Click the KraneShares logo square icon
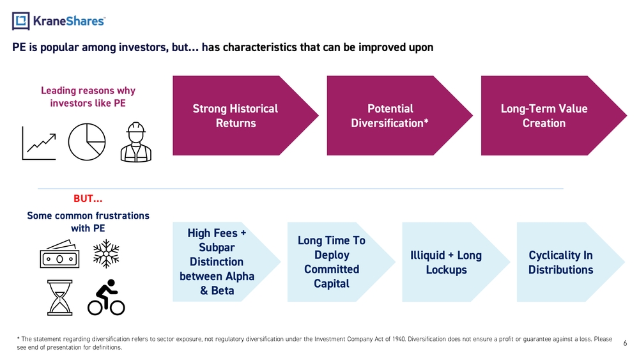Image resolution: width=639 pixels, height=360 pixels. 21,21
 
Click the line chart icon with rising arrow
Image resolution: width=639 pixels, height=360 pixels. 39,143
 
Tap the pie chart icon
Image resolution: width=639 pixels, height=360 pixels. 87,142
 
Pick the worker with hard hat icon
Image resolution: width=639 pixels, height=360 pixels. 136,142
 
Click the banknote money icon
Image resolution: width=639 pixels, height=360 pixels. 59,254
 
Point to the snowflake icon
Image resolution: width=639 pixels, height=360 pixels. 106,254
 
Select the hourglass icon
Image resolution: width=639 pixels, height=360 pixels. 60,297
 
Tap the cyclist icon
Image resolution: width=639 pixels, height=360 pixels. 106,297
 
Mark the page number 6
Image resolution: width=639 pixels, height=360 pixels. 625,343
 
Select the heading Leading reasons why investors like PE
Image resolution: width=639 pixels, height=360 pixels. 88,97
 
